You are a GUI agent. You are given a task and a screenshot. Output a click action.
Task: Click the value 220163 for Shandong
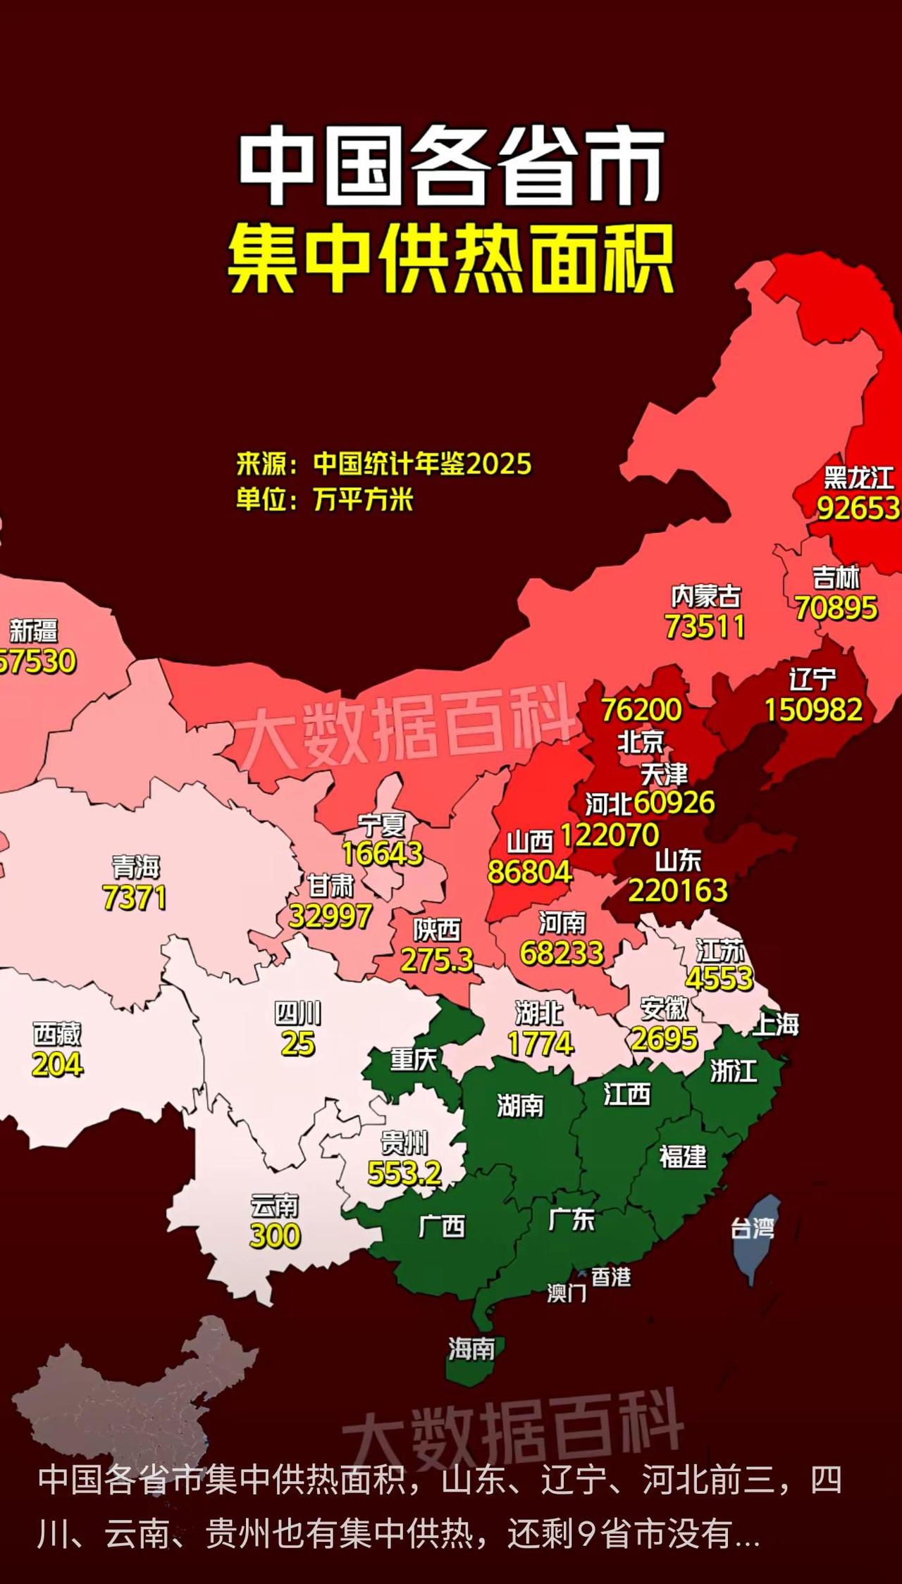point(677,891)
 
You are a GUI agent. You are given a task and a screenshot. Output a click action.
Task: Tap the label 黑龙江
point(858,478)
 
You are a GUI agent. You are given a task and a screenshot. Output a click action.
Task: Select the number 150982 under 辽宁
point(813,710)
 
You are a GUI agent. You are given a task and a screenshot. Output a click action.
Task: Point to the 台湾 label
point(752,1229)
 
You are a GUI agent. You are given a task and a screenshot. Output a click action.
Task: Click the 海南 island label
point(471,1349)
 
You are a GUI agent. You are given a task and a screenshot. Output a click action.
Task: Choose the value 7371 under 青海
point(135,898)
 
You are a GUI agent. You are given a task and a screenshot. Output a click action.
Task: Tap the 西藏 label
point(57,1034)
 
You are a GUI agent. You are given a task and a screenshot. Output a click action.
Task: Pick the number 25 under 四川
point(297,1044)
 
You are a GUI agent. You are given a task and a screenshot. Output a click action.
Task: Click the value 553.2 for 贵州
point(404,1173)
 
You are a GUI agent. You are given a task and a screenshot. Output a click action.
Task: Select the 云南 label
point(275,1206)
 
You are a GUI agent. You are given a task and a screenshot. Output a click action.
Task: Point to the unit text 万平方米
point(363,500)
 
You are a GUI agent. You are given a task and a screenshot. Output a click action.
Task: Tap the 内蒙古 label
point(705,597)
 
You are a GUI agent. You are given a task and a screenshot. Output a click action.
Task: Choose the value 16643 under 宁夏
point(382,854)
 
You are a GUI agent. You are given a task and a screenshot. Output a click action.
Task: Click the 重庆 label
point(414,1059)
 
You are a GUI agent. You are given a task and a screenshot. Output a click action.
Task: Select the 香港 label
point(610,1277)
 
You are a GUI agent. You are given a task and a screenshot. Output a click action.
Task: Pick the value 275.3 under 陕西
point(437,960)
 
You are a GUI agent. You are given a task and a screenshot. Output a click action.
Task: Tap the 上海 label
point(776,1025)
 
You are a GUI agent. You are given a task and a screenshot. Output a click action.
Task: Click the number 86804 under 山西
point(529,872)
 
